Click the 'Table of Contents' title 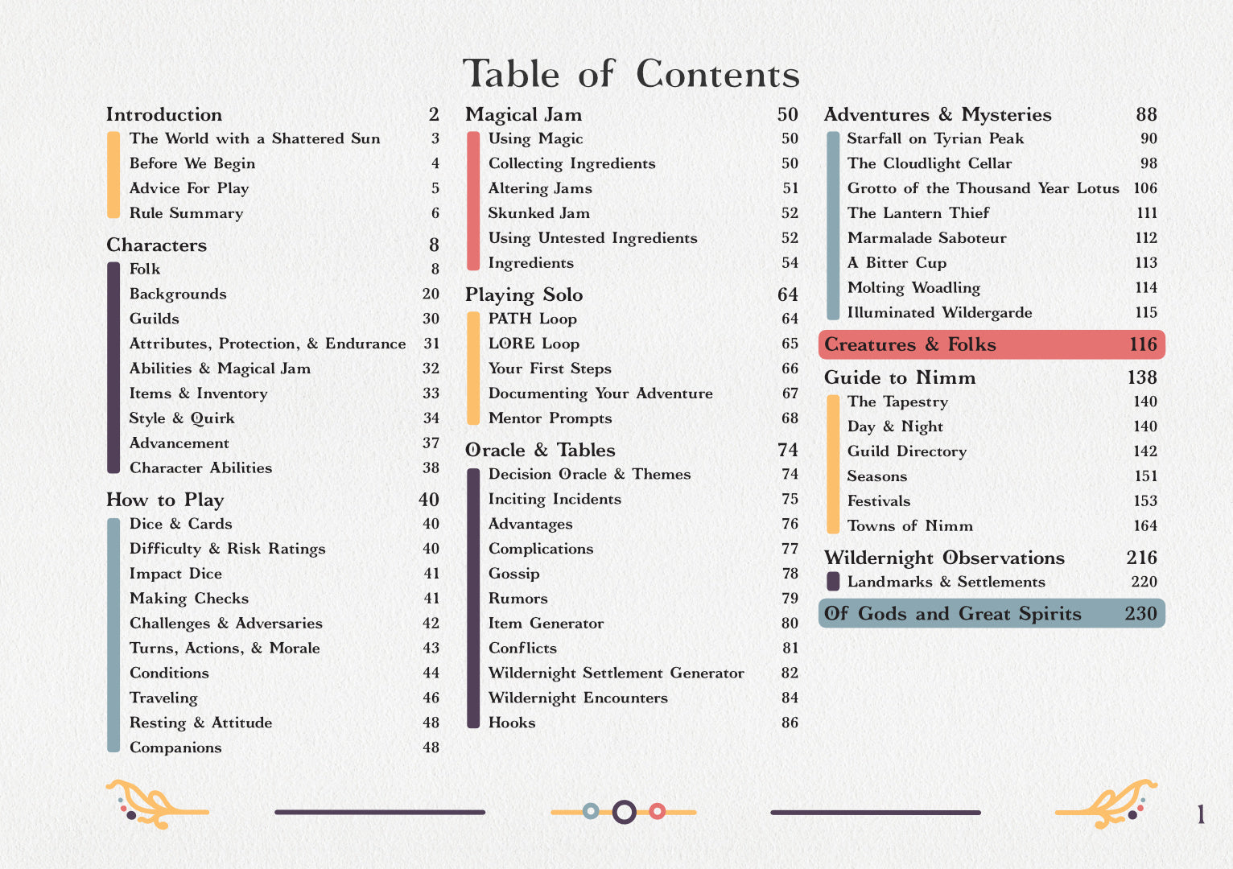click(631, 74)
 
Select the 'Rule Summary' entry click(186, 213)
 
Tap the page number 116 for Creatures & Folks click(1143, 344)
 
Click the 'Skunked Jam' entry click(538, 213)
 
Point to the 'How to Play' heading click(165, 500)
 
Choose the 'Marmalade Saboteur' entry click(926, 238)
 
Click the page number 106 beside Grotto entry click(1144, 188)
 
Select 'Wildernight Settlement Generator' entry click(616, 673)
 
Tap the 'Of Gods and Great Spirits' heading click(952, 614)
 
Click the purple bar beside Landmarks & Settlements click(833, 581)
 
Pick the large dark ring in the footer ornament click(624, 812)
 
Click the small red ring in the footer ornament click(657, 811)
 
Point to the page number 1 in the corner click(1201, 815)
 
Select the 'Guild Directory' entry click(906, 451)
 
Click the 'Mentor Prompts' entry click(550, 418)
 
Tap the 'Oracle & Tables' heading click(540, 450)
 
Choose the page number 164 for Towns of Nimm click(1144, 526)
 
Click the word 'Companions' click(175, 748)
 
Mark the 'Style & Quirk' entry click(182, 418)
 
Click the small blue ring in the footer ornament click(591, 811)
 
